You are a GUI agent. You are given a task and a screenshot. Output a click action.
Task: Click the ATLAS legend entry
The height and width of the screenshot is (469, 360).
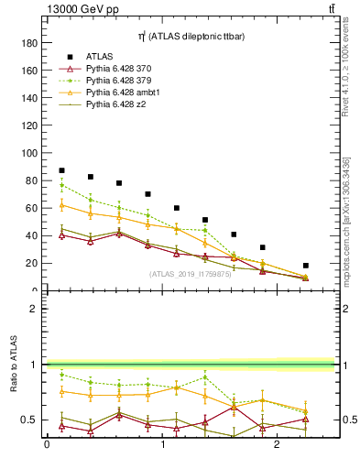(x=100, y=56)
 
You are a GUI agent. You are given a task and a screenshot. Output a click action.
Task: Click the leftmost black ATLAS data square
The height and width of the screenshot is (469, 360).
(x=61, y=170)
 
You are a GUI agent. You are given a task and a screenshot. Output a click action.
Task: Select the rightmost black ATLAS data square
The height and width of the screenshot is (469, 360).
(x=306, y=266)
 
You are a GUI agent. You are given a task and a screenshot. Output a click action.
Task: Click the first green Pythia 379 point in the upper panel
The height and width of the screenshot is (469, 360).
(x=61, y=185)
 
